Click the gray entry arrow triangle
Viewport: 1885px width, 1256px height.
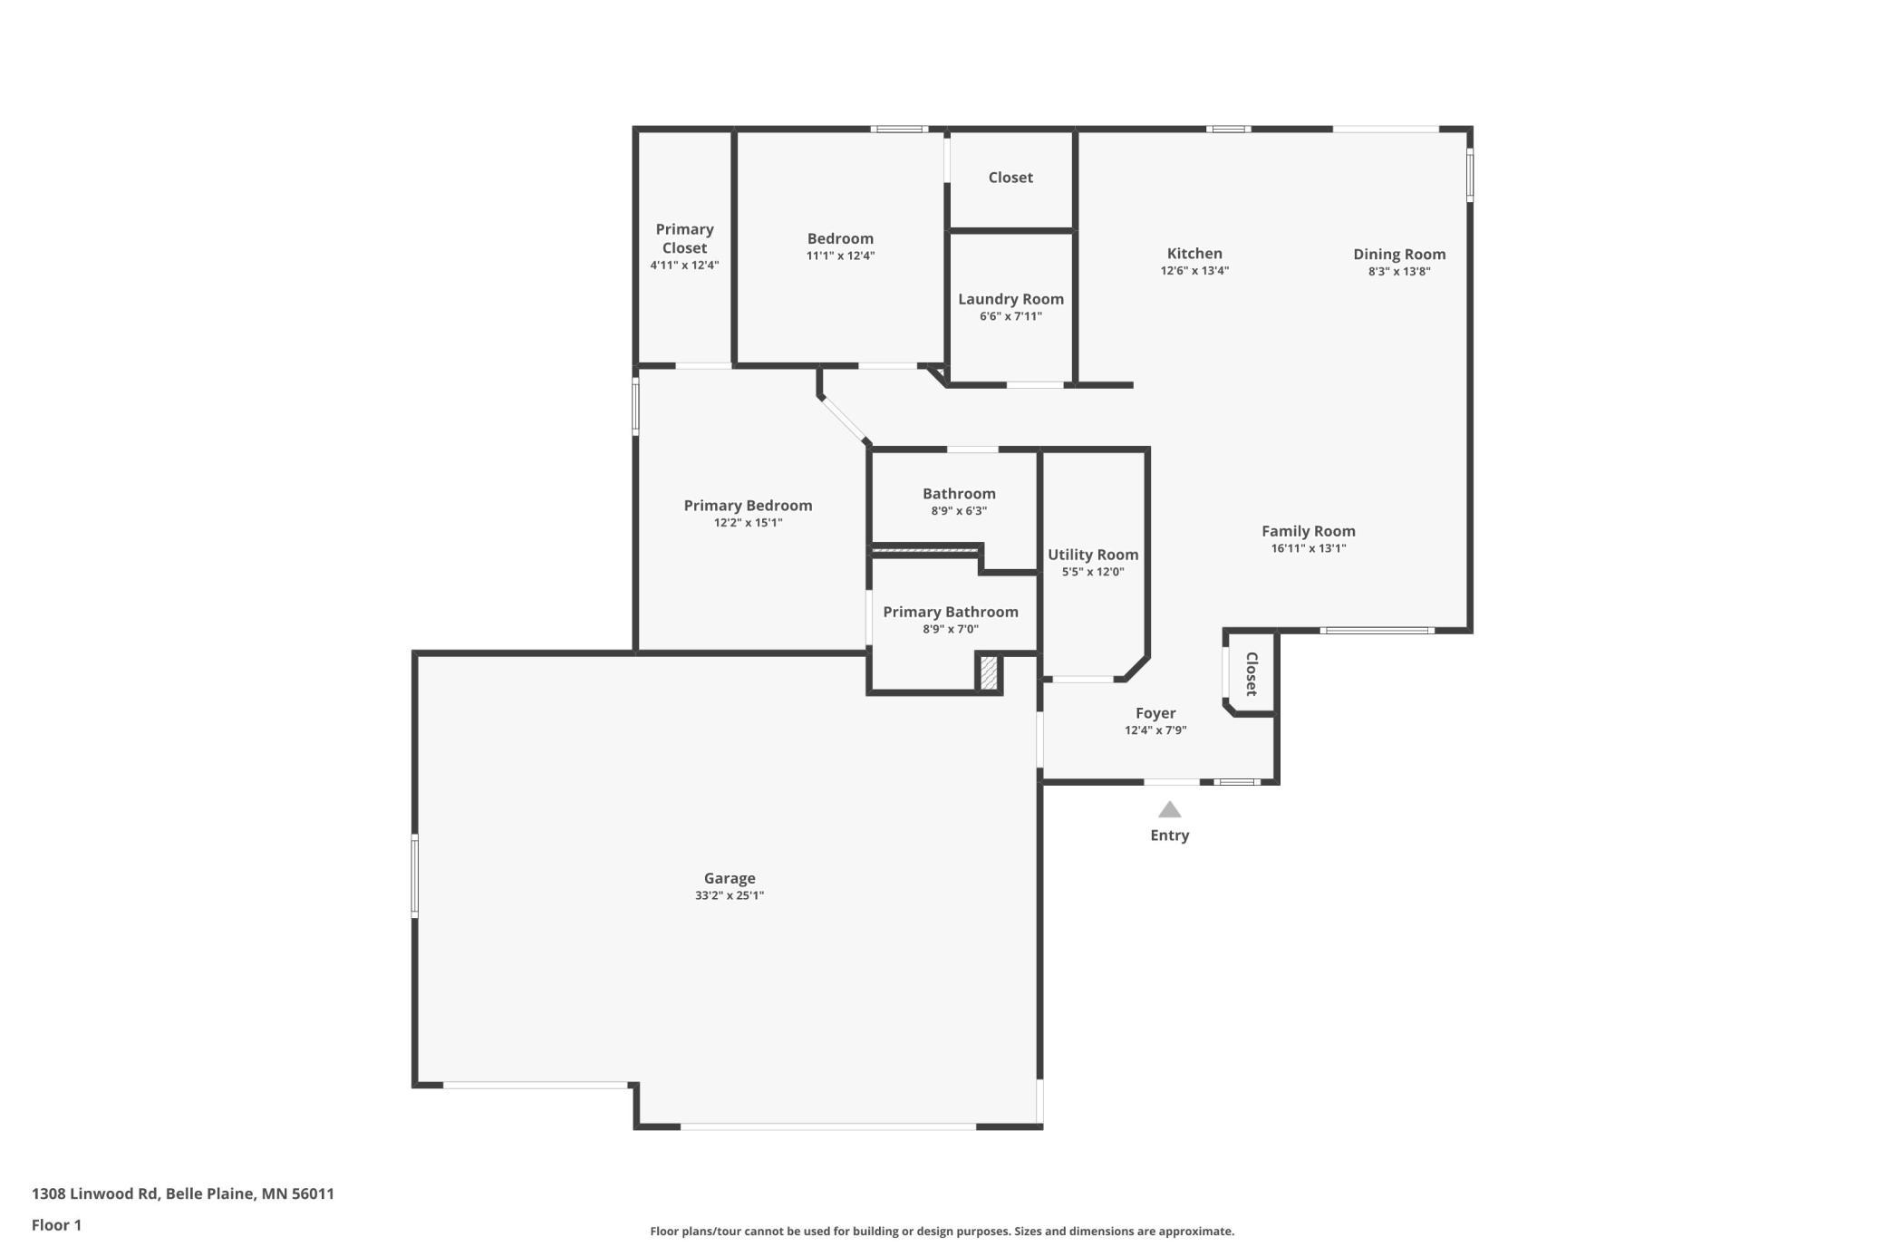pos(1170,809)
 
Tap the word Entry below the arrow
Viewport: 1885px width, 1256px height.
pos(1170,836)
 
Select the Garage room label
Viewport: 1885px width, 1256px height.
pos(730,878)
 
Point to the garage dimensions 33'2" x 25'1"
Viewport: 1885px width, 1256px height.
pos(730,895)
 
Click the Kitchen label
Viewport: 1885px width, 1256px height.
pos(1194,254)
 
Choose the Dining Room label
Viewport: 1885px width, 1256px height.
pos(1399,255)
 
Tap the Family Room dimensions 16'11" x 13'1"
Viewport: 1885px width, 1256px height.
pos(1309,548)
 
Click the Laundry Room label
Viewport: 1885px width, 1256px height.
pos(1010,299)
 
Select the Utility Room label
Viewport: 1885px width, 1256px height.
pos(1093,555)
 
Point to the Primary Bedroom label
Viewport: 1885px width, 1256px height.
pos(748,506)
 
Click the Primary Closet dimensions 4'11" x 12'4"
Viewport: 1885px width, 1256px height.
pos(684,266)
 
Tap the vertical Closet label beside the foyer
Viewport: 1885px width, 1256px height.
pos(1252,674)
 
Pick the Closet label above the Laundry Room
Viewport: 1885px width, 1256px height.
pos(1010,178)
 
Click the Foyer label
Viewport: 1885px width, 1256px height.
pos(1155,713)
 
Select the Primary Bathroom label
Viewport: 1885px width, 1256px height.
pos(951,613)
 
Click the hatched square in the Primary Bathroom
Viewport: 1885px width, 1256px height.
pos(989,673)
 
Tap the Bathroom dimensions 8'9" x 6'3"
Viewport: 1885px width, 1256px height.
pos(959,511)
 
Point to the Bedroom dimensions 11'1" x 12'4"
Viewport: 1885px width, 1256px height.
pos(840,256)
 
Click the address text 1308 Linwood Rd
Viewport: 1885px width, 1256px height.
pos(95,1193)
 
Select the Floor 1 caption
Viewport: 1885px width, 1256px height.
pos(56,1225)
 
